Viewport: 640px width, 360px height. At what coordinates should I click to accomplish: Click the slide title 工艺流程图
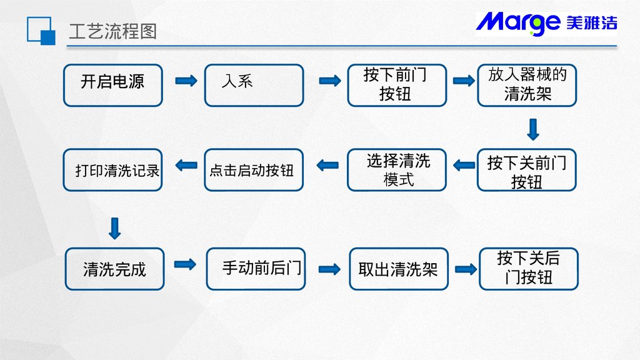[x=112, y=31]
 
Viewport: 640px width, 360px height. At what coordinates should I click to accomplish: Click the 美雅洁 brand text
[x=591, y=23]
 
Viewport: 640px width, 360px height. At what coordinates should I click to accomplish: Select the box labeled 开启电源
[x=113, y=85]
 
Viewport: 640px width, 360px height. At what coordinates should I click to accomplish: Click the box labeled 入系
[x=254, y=85]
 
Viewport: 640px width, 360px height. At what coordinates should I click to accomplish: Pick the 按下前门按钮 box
[x=397, y=85]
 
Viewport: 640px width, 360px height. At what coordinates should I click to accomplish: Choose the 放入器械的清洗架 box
[x=527, y=85]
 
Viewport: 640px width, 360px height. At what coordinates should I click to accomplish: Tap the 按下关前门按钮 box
[x=527, y=170]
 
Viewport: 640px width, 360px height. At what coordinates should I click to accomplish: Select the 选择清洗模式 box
[x=397, y=170]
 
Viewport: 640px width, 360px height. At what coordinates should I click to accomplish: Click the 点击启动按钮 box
[x=254, y=170]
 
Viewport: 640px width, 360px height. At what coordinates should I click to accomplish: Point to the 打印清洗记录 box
[x=113, y=170]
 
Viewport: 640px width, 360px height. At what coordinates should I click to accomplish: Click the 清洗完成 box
[x=114, y=269]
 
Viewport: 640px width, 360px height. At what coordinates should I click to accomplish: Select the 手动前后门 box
[x=256, y=269]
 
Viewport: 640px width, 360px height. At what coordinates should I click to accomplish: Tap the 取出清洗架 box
[x=399, y=269]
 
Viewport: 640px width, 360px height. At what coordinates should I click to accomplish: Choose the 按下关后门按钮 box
[x=529, y=269]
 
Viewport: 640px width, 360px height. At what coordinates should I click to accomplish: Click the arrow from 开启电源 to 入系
[x=186, y=81]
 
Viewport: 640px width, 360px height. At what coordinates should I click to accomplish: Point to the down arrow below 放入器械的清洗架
[x=533, y=129]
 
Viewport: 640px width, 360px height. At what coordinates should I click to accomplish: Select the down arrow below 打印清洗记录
[x=114, y=228]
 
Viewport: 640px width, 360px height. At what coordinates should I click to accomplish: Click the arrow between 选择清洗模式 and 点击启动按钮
[x=327, y=166]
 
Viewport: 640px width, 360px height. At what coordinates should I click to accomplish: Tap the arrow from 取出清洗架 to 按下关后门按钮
[x=466, y=269]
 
